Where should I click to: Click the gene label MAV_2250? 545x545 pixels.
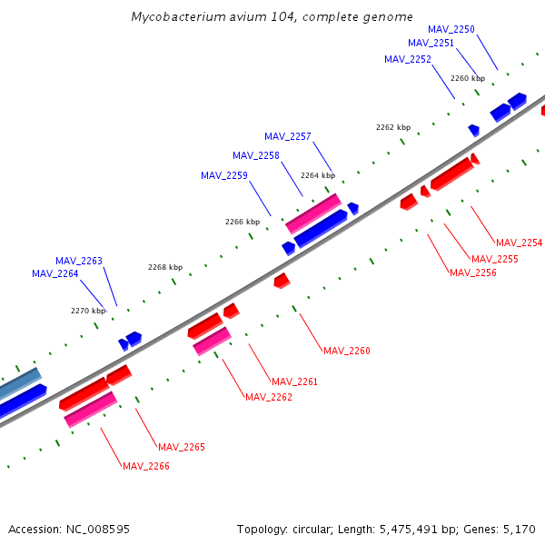[x=451, y=29]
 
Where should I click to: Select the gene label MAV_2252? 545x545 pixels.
[x=408, y=59]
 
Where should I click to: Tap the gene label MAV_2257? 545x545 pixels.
[x=288, y=136]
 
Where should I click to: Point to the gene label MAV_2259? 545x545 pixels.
[x=224, y=175]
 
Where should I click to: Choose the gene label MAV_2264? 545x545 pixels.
[x=55, y=273]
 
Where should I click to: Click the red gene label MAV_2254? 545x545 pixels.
[x=519, y=243]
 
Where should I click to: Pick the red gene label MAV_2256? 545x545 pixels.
[x=473, y=272]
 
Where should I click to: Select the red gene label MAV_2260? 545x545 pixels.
[x=347, y=351]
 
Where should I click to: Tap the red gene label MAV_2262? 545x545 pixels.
[x=269, y=397]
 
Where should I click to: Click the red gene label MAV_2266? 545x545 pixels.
[x=146, y=466]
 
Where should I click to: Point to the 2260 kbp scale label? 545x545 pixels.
[x=468, y=78]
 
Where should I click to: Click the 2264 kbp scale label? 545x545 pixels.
[x=318, y=175]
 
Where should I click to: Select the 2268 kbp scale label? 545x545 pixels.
[x=165, y=267]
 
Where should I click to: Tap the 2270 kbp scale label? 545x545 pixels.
[x=88, y=311]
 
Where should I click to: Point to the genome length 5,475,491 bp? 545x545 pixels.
[x=410, y=529]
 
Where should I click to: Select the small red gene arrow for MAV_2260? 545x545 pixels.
[x=282, y=281]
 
